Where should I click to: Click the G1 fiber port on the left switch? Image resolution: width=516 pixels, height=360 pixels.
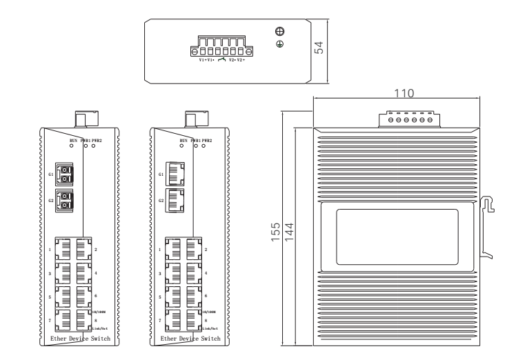[x=65, y=174]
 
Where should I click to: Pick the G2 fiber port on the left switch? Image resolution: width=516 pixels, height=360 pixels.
[x=65, y=201]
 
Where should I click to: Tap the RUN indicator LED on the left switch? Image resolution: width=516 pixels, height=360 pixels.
[x=72, y=146]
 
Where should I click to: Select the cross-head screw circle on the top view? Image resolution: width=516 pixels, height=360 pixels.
[x=280, y=32]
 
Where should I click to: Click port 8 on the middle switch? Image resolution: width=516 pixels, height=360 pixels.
[x=193, y=320]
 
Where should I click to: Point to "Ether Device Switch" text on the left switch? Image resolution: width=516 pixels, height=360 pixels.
[x=80, y=339]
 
